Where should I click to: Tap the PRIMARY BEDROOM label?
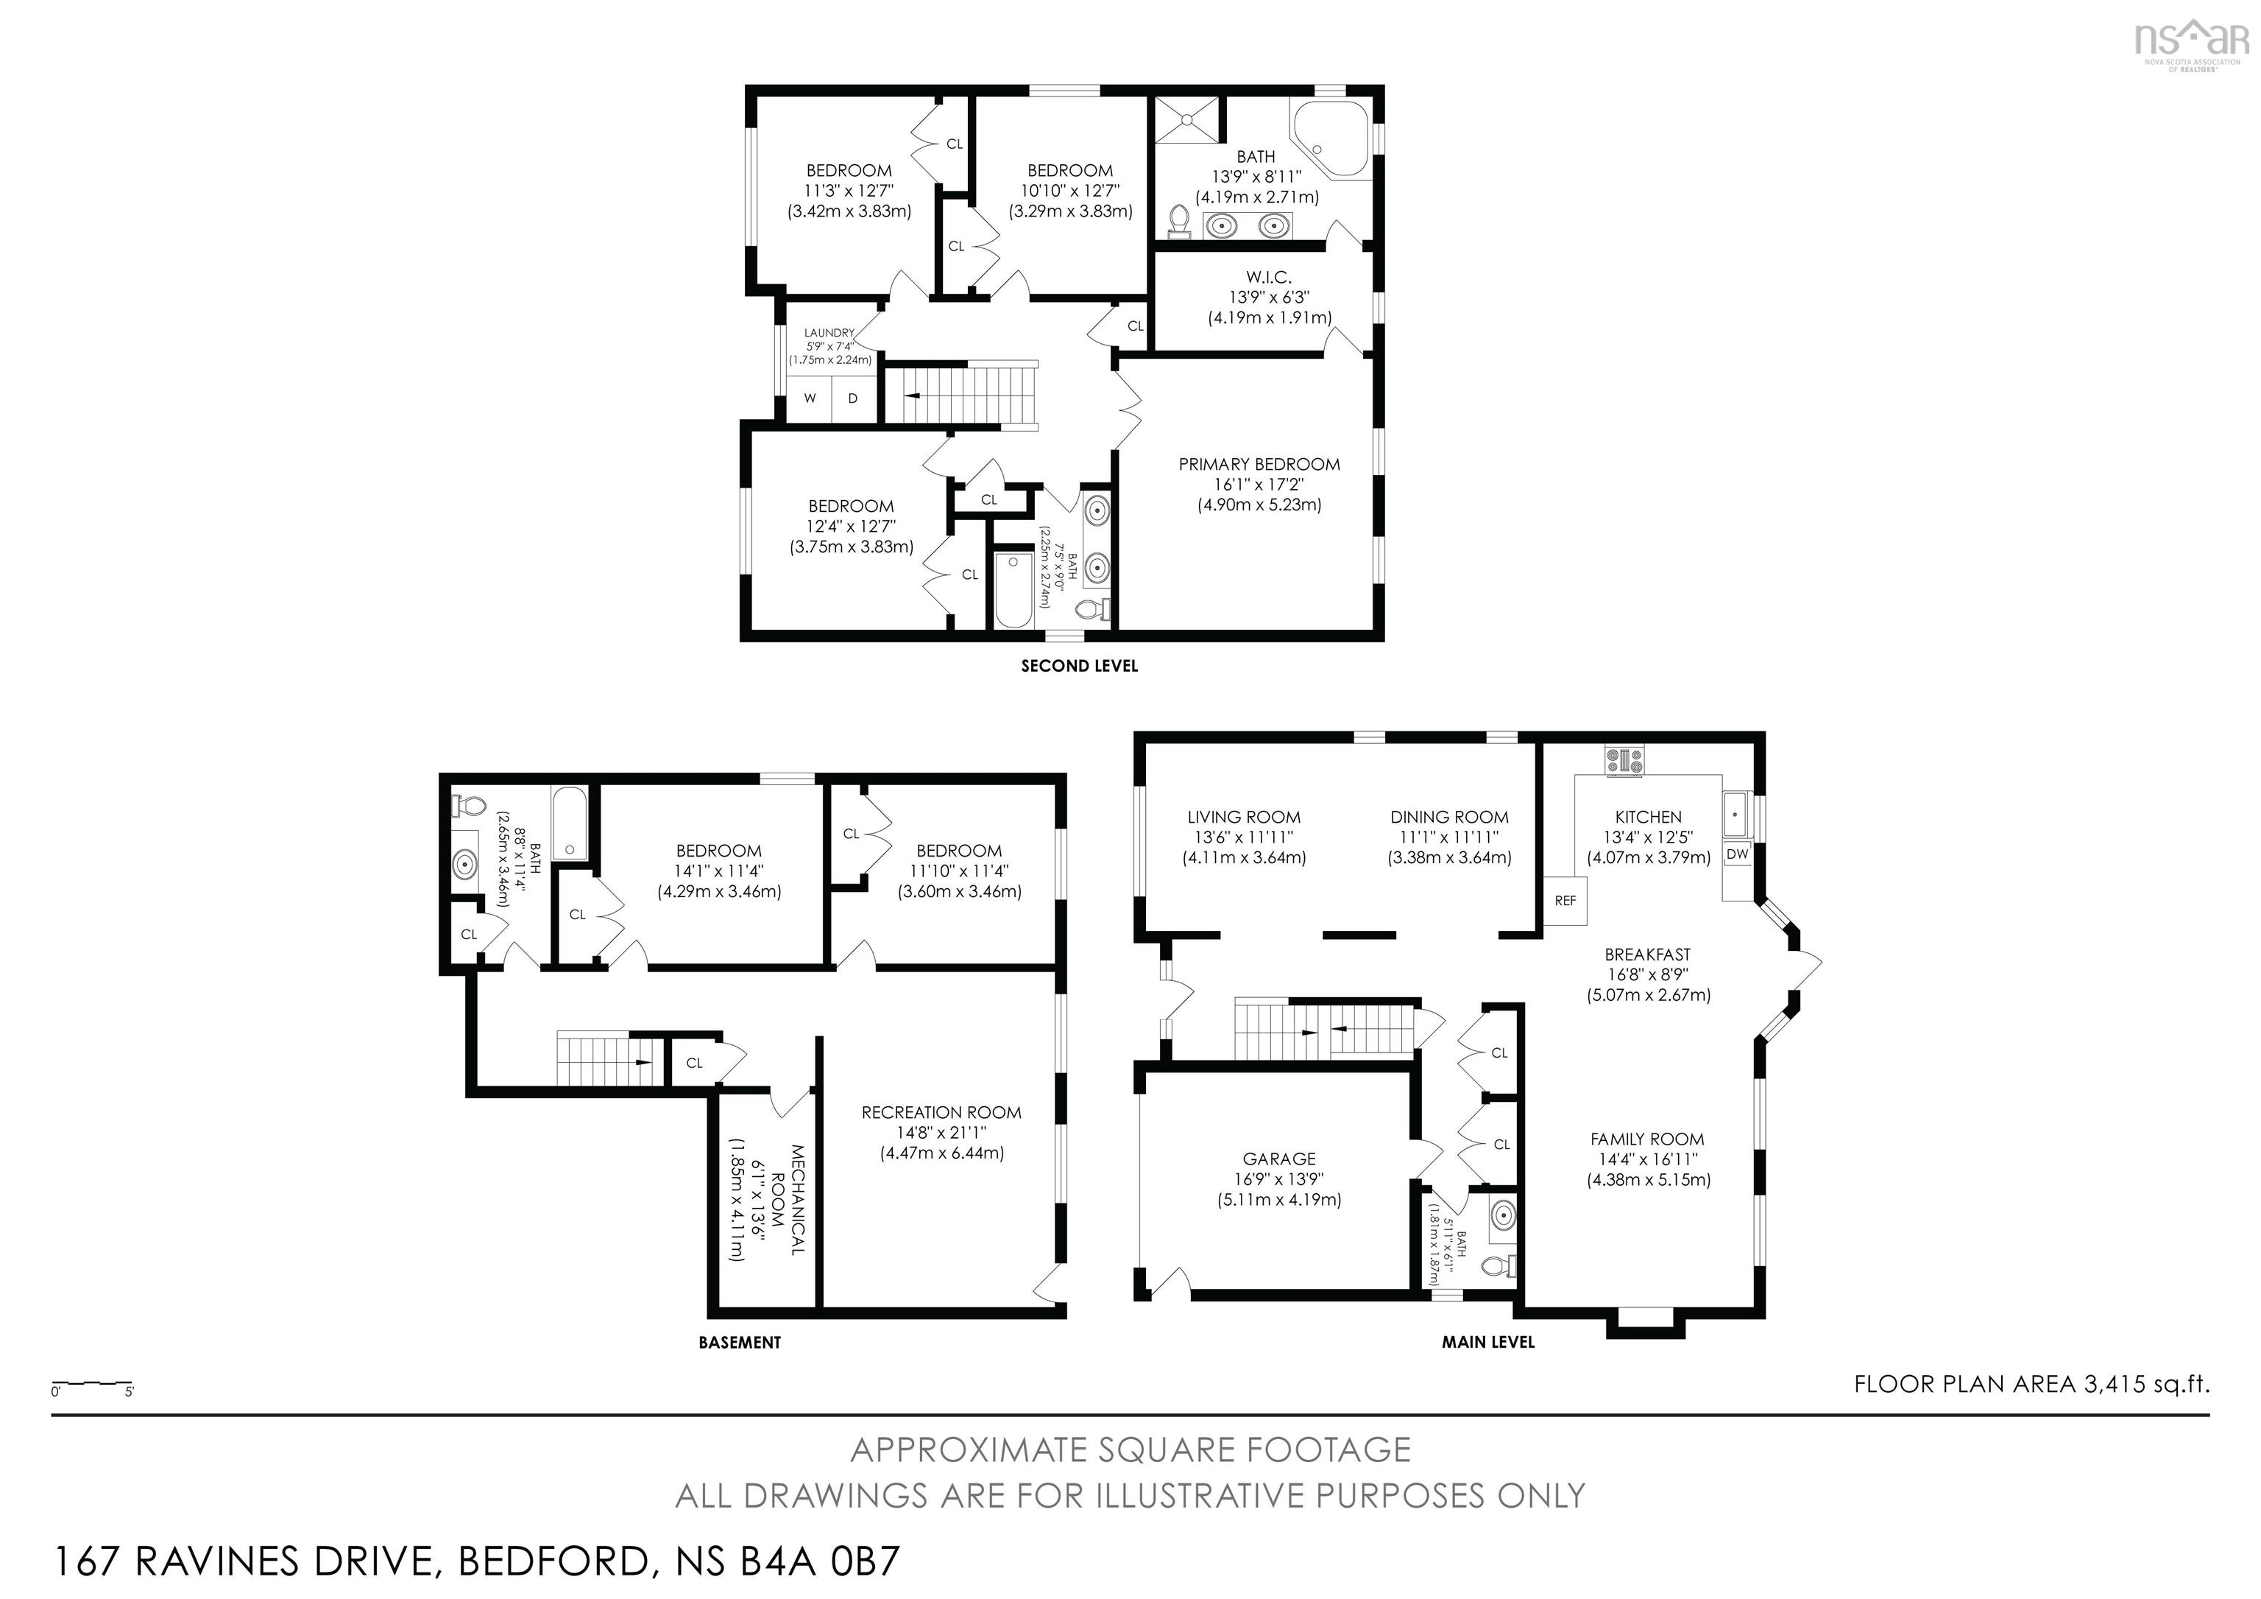pos(1259,464)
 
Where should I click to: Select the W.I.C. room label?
pos(1268,278)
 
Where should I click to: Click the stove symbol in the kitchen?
pos(1625,762)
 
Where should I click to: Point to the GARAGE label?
pos(1278,1159)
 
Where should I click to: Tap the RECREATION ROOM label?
pos(941,1112)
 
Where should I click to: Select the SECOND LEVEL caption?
pos(1078,666)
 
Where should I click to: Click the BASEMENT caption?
pos(740,1342)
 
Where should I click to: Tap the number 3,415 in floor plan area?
pos(2112,1384)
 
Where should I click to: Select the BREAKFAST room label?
pos(1646,955)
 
